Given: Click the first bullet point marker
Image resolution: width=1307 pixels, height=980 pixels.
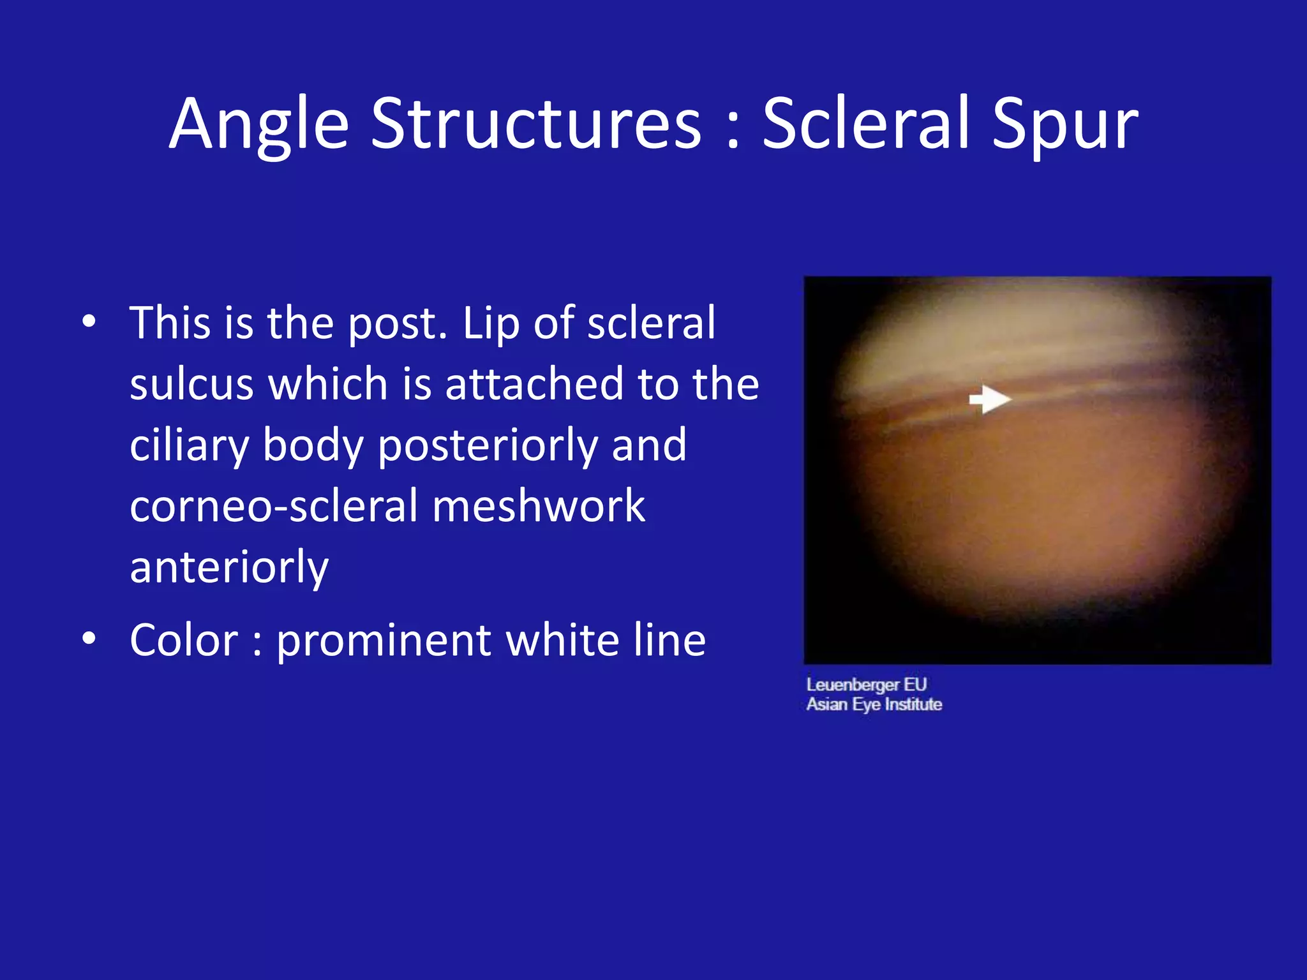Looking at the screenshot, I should click(89, 322).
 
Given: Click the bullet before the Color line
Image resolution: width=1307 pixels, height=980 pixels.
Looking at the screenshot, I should click(89, 638).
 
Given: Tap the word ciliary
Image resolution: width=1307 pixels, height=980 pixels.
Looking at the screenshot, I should click(189, 445).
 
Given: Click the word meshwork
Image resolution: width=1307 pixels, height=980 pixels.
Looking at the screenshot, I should click(538, 506).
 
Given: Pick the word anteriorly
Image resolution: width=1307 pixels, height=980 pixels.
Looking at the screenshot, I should click(229, 567).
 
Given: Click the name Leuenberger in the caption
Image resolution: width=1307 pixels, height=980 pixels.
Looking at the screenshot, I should click(853, 685).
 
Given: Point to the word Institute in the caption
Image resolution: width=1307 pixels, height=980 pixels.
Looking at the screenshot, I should click(913, 704).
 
